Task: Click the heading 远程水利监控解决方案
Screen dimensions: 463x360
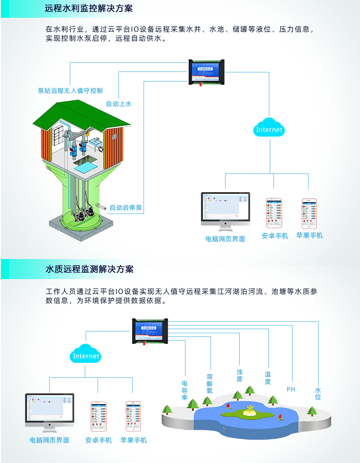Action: coord(89,9)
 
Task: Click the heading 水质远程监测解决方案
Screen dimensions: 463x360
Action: coord(89,269)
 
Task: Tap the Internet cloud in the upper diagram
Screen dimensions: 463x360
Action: coord(269,128)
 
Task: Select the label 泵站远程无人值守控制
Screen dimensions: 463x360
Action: coord(70,91)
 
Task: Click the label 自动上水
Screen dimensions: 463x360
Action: coord(118,104)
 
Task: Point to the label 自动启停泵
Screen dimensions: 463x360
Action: coord(126,208)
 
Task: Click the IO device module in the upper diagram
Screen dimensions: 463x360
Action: coord(208,72)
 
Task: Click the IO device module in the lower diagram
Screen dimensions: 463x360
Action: coord(150,331)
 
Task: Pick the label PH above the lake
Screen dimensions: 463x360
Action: coord(291,389)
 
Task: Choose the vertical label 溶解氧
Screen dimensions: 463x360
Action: coord(210,383)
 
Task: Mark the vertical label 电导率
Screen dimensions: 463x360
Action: coord(185,391)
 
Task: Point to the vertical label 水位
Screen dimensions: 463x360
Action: coord(318,393)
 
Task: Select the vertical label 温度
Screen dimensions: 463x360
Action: coord(268,378)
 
